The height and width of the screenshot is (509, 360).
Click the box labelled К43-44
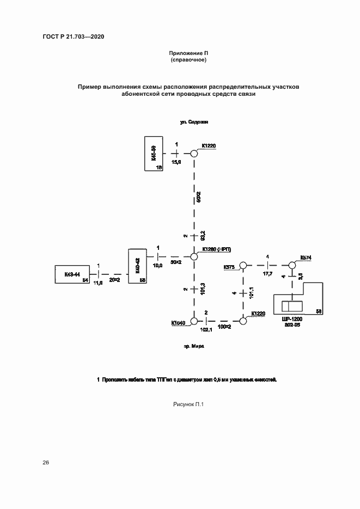pos(72,274)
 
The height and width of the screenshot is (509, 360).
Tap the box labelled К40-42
pos(137,266)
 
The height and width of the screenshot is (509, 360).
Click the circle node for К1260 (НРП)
pos(193,256)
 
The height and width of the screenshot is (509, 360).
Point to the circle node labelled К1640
pos(193,322)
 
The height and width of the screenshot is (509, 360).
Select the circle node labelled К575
pos(243,265)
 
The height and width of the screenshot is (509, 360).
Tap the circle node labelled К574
pos(291,265)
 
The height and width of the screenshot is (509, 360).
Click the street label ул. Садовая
pos(194,122)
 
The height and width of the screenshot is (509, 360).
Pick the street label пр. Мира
pos(194,346)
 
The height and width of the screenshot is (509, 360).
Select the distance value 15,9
pos(176,162)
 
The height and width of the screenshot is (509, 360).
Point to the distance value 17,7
pos(267,273)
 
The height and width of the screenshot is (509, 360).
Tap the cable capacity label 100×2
pos(225,327)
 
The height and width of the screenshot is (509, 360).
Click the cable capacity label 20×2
pos(114,280)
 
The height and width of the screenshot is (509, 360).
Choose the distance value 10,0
pos(158,265)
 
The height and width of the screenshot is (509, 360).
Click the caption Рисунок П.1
pos(187,404)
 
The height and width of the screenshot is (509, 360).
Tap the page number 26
pos(46,463)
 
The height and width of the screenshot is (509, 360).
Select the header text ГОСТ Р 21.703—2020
pos(73,36)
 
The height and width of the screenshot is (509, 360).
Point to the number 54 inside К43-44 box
pos(85,280)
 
